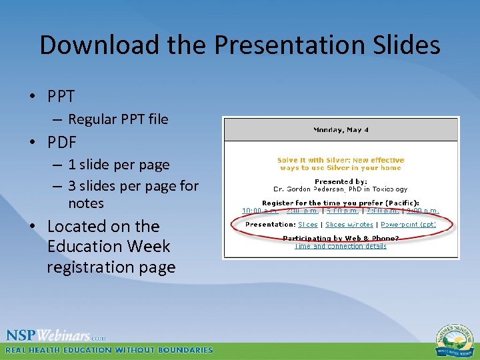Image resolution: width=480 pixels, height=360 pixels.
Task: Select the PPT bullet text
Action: [x=61, y=97]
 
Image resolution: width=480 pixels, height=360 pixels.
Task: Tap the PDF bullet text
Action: [x=61, y=142]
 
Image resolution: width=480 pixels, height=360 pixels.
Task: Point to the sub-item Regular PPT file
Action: [x=118, y=119]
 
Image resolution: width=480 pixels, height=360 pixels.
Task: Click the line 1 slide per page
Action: [x=119, y=165]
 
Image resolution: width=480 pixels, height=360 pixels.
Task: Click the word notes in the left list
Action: [x=86, y=203]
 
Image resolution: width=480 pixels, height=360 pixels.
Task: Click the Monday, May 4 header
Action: [x=341, y=129]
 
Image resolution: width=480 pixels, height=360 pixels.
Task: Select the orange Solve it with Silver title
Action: [x=341, y=164]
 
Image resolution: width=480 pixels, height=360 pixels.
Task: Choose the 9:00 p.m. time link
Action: [x=422, y=211]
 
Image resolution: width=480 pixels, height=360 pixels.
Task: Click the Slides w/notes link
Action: [x=349, y=225]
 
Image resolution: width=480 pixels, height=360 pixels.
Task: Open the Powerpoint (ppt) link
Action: [x=408, y=225]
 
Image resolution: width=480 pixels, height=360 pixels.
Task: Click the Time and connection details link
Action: [x=341, y=246]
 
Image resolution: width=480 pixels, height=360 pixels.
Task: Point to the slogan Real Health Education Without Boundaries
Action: [x=109, y=350]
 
